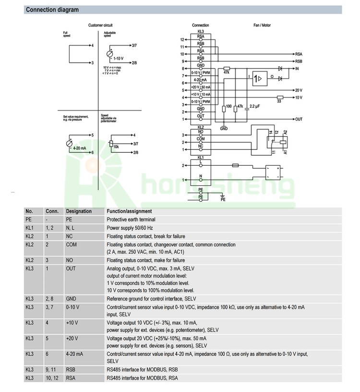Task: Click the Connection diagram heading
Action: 52,10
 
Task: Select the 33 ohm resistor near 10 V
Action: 279,98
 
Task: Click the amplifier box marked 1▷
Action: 259,78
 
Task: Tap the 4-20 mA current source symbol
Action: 70,144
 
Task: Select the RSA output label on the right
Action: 298,54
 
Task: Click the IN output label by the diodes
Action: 298,69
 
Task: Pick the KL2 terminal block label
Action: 201,127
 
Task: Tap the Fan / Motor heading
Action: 262,25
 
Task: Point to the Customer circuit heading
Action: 100,25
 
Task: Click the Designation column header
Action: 79,211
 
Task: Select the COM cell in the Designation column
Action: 71,245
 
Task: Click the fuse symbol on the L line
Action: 235,165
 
